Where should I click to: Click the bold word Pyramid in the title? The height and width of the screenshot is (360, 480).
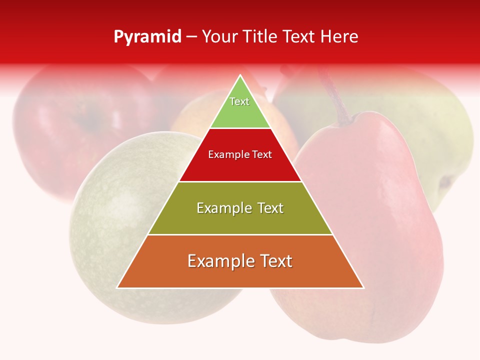[x=147, y=37]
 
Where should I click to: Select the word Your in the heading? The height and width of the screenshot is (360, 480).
[x=219, y=37]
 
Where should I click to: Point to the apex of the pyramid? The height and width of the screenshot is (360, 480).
[x=240, y=76]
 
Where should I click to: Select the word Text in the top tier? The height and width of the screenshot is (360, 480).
[x=239, y=101]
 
